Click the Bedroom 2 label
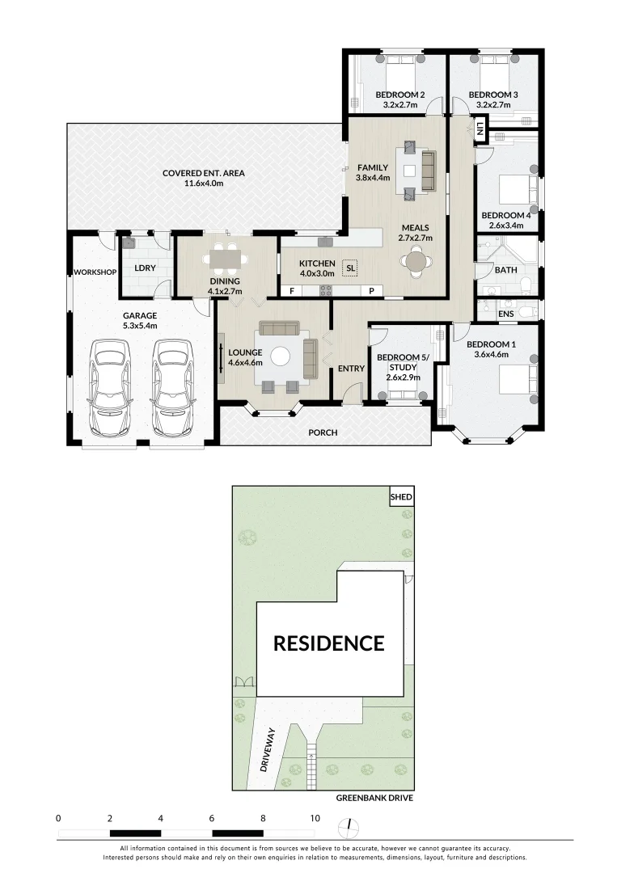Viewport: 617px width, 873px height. tap(399, 95)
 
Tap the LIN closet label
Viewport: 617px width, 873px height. tap(480, 129)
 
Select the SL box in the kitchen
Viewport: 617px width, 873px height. tap(350, 268)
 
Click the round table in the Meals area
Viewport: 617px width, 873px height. tap(416, 261)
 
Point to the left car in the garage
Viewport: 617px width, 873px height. tap(110, 388)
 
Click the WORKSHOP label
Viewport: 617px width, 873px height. tap(95, 272)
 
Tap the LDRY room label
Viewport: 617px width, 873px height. tap(145, 268)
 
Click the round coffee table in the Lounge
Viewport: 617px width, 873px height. tap(280, 356)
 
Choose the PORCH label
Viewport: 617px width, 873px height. tap(323, 432)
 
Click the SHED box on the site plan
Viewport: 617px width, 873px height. tap(402, 496)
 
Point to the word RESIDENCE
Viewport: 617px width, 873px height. tap(328, 643)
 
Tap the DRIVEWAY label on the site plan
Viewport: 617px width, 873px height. tap(268, 749)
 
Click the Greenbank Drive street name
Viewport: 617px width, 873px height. tap(374, 798)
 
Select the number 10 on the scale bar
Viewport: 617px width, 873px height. tap(315, 818)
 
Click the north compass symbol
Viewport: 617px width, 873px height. tap(349, 827)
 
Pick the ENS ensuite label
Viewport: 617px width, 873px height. tap(506, 314)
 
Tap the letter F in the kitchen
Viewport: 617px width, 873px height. tap(291, 291)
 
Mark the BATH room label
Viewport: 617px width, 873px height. tap(506, 270)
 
